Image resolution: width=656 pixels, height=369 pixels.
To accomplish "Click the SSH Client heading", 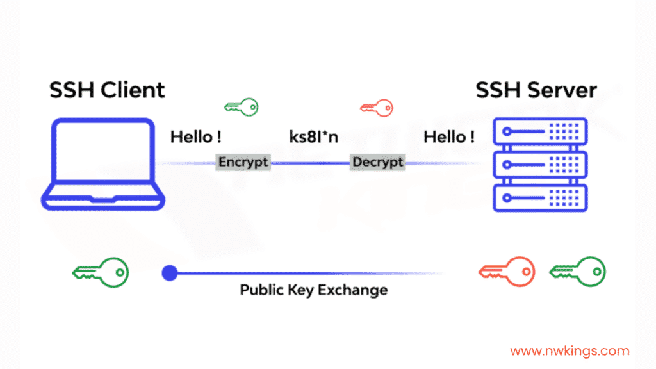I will (107, 90).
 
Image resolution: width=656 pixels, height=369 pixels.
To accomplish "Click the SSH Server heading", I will (536, 90).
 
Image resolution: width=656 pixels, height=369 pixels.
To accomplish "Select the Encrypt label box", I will (243, 162).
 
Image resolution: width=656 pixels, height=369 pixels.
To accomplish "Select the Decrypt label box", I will (378, 162).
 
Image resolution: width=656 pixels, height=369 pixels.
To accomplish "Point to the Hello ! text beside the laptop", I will (196, 136).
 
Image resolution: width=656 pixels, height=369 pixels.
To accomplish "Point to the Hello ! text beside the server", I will (449, 136).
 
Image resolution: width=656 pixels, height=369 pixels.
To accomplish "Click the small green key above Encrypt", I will (241, 106).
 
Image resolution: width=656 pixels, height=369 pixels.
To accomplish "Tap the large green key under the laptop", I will (101, 272).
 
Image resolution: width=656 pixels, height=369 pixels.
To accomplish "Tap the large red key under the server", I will (507, 272).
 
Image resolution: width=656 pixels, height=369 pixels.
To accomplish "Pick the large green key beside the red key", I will (577, 272).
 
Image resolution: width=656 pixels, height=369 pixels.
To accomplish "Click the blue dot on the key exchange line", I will (169, 274).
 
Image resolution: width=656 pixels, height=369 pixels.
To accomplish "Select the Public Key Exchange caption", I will (314, 290).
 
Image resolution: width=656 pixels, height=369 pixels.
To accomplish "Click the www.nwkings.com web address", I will (570, 350).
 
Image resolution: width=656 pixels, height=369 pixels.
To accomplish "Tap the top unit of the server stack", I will (540, 132).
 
